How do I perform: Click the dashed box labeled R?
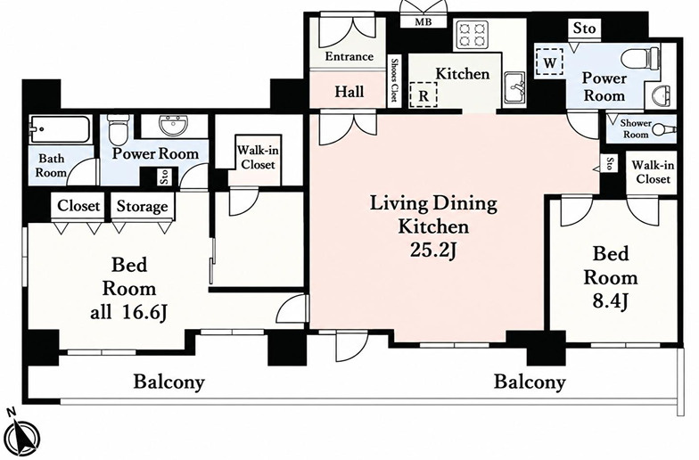[423, 94]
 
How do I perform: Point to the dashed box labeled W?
[549, 62]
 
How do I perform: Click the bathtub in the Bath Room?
[59, 130]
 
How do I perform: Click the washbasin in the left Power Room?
[175, 127]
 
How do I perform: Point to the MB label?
[423, 21]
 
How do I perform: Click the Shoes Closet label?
[394, 80]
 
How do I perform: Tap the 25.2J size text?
[433, 250]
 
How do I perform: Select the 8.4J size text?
[610, 301]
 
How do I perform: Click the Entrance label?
[349, 57]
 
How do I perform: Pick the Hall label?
[349, 92]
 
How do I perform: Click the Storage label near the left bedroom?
[143, 207]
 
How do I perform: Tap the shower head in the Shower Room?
[663, 130]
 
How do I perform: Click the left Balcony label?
[169, 382]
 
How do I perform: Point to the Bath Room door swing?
[82, 171]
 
